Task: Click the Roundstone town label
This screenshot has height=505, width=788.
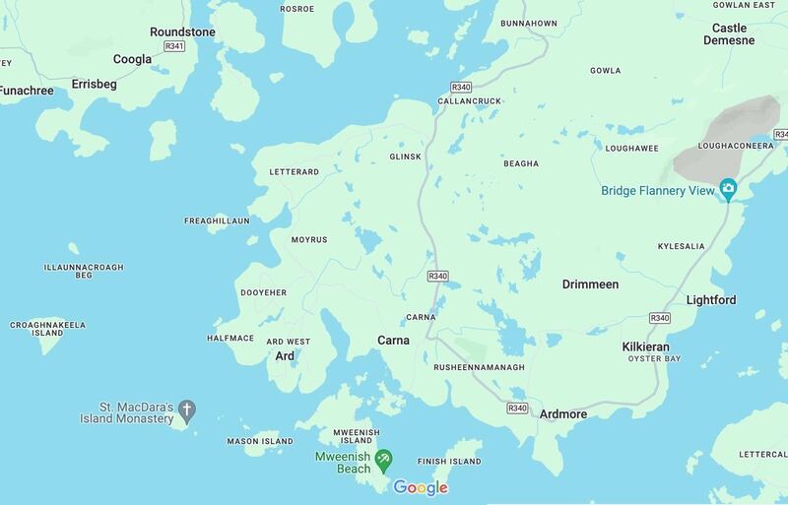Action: click(182, 32)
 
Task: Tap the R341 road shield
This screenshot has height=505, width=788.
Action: click(174, 45)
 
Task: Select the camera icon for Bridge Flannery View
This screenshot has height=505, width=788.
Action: click(728, 187)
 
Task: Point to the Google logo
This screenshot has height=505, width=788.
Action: click(421, 487)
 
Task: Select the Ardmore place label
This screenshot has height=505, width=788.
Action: click(563, 414)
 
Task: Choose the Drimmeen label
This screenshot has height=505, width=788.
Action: click(590, 284)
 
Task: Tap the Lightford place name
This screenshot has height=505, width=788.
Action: click(711, 299)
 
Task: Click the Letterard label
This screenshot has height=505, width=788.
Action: click(294, 172)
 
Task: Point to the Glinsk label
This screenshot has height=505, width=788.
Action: click(405, 156)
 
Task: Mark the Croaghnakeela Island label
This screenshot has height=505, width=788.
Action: click(47, 328)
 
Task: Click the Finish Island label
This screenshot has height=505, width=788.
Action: click(449, 462)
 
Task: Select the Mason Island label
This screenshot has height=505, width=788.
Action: click(260, 441)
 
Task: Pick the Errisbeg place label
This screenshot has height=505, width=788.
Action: click(95, 85)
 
